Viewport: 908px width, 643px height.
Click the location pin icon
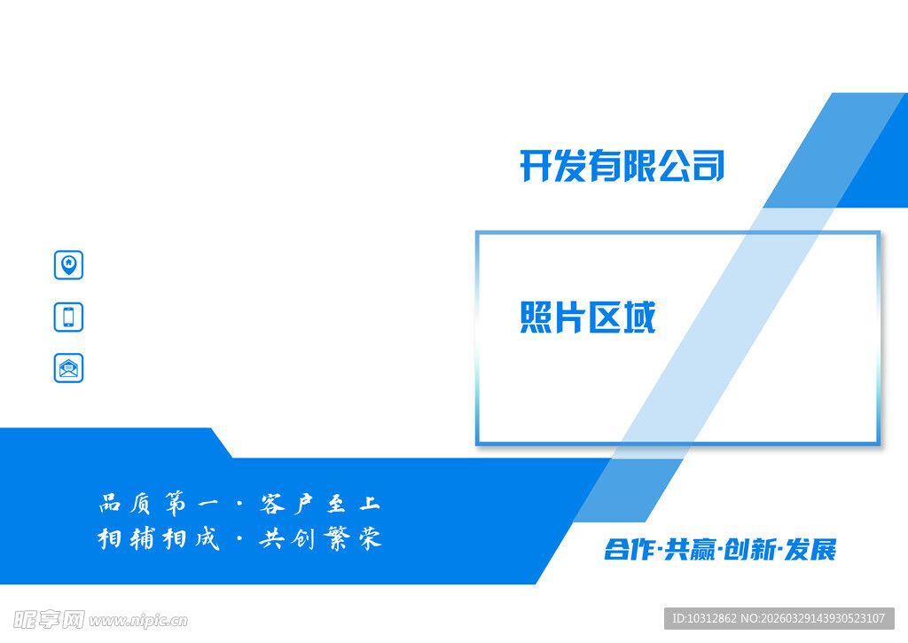[x=68, y=264]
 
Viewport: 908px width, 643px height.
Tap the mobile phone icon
[x=68, y=317]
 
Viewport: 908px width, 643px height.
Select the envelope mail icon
[x=68, y=368]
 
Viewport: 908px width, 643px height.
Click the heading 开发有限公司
[x=622, y=166]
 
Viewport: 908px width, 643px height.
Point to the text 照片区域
[x=587, y=318]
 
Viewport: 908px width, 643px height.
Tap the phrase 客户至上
[x=320, y=505]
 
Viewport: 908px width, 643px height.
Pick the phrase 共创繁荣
[x=320, y=538]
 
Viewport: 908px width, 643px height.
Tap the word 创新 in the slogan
[x=749, y=550]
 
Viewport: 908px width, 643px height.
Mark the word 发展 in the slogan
[x=810, y=550]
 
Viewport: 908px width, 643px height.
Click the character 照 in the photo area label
[x=536, y=318]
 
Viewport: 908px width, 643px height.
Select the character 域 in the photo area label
[x=638, y=318]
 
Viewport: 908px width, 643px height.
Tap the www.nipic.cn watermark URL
[x=138, y=620]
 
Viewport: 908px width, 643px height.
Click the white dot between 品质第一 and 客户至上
[x=239, y=505]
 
